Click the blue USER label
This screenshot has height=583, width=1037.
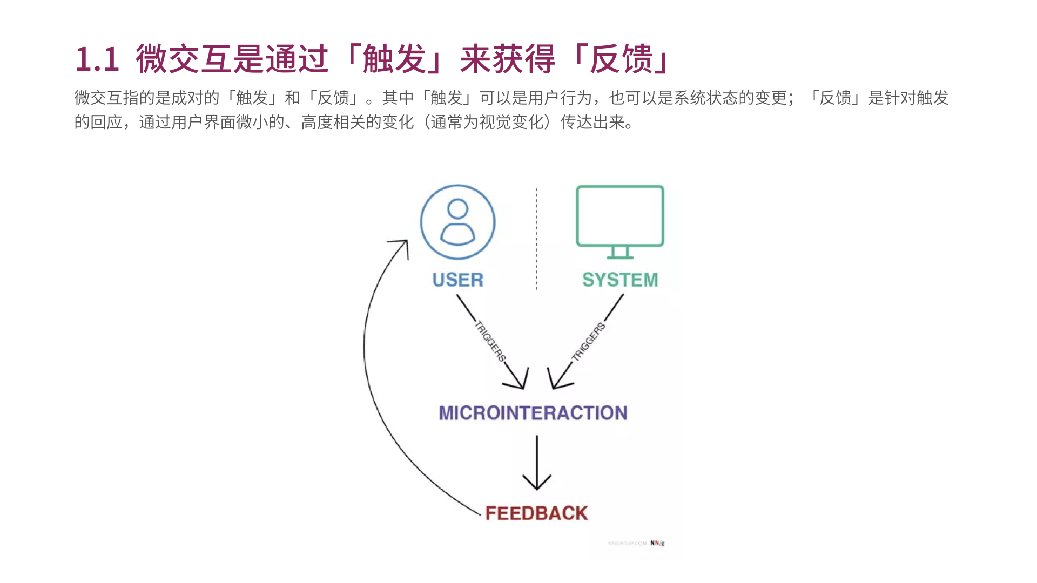point(457,280)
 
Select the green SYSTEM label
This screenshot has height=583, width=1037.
point(619,280)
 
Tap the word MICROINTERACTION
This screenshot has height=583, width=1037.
point(533,413)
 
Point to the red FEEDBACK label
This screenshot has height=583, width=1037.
point(536,513)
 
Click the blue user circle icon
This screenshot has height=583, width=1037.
point(457,222)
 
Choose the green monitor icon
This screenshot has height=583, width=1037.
point(620,216)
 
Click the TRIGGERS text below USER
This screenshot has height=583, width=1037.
point(490,341)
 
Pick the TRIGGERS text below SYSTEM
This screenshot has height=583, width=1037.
point(589,341)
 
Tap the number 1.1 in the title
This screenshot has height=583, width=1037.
point(97,59)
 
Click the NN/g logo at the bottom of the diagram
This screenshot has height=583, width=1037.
point(657,543)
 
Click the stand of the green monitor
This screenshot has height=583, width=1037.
point(620,252)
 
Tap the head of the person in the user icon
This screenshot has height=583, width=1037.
point(457,208)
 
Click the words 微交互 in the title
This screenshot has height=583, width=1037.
point(184,59)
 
